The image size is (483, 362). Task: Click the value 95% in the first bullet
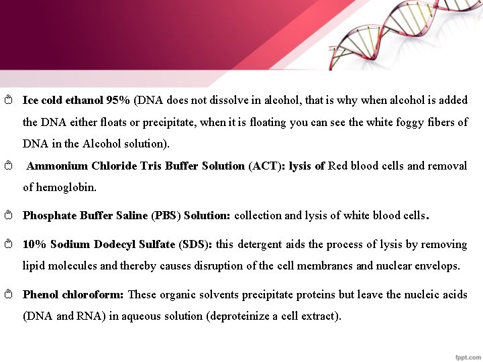coord(118,101)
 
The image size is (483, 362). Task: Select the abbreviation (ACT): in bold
coord(267,166)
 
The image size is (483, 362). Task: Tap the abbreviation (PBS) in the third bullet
coord(166,216)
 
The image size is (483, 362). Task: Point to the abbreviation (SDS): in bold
coord(195,244)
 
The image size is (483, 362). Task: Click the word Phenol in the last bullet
coord(40,294)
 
